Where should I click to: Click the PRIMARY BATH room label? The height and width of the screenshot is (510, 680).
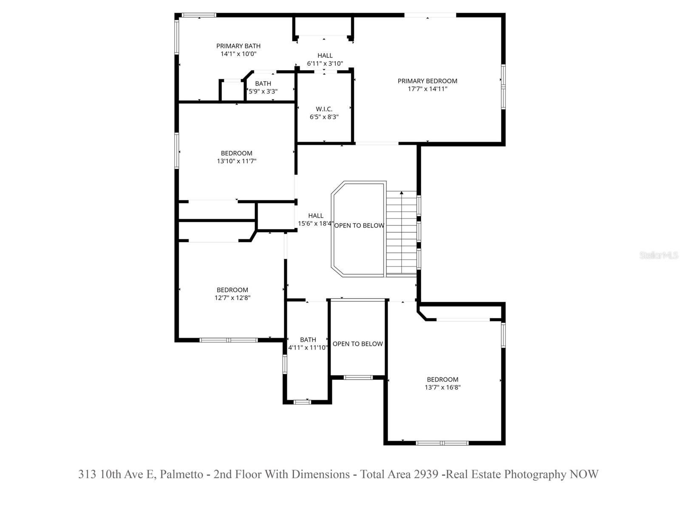238,46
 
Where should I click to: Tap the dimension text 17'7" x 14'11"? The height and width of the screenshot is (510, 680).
427,89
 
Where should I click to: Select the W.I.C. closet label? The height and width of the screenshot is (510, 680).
324,109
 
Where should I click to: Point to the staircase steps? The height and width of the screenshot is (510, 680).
401,234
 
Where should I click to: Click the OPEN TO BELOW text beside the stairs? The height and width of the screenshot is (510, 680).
359,226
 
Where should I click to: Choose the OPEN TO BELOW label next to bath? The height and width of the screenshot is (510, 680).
357,344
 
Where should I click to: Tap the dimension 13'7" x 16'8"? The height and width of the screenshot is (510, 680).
442,387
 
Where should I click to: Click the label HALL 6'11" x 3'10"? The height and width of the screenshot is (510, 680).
325,59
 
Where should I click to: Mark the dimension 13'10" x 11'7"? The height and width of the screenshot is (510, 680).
236,161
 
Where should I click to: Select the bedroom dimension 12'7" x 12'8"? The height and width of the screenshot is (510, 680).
232,298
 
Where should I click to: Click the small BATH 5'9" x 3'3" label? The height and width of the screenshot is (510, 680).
263,88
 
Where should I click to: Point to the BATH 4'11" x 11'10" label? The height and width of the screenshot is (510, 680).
308,343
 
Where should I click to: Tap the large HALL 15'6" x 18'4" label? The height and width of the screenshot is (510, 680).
315,220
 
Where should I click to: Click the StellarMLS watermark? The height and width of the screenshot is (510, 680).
658,255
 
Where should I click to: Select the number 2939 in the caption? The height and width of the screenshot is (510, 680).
426,474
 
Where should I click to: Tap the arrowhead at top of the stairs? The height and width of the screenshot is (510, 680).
401,193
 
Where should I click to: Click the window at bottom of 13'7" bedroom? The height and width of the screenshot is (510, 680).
442,443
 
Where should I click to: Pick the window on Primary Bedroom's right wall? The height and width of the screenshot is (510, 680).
503,87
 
